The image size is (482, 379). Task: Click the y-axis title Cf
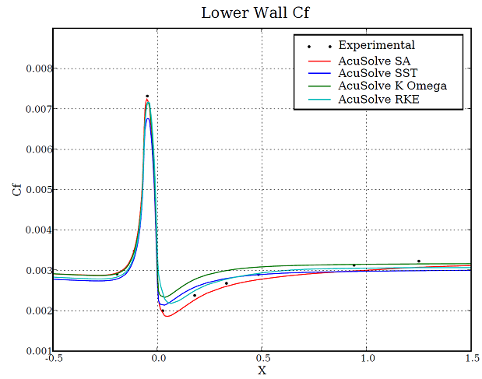[17, 189]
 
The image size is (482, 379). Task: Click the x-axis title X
[262, 370]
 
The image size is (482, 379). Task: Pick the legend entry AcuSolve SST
[370, 72]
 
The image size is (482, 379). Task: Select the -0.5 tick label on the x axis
[53, 360]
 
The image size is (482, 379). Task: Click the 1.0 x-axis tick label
[367, 360]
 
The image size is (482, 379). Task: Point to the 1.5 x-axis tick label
[470, 360]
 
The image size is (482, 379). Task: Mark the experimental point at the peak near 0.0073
[147, 96]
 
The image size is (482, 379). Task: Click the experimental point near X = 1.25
[419, 261]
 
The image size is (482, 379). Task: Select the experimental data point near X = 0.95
[354, 265]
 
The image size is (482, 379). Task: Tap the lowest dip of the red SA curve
[167, 316]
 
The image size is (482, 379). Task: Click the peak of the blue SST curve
[148, 118]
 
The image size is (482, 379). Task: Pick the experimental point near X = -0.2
[117, 274]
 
